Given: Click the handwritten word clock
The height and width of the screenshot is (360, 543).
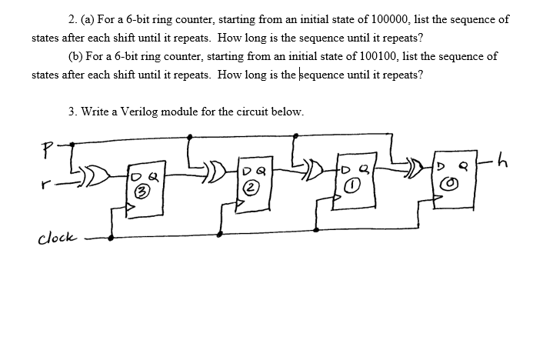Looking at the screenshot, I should click(56, 237).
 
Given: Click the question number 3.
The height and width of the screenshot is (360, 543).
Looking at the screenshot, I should click(72, 111).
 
